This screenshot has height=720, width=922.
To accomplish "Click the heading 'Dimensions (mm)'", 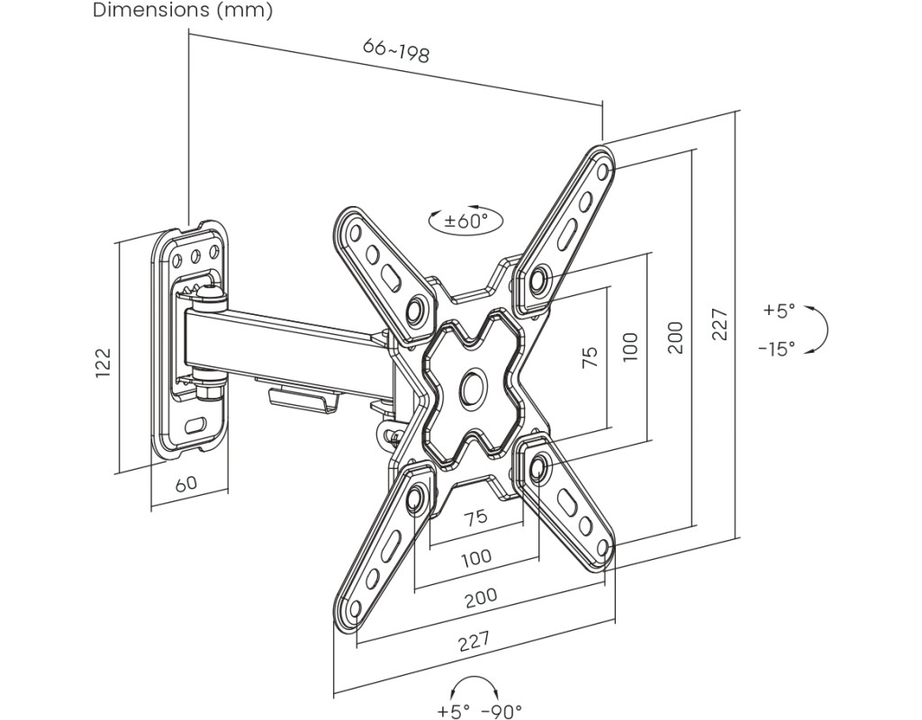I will point(182,11).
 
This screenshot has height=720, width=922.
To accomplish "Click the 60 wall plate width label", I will point(185,483).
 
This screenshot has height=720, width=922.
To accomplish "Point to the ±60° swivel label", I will point(466,220).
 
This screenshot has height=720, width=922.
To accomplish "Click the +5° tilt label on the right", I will point(779,310).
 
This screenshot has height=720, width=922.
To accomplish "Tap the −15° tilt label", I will point(776,348).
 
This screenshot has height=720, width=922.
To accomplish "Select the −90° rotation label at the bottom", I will point(502,711).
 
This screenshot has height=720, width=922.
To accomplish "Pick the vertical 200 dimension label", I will point(676,337).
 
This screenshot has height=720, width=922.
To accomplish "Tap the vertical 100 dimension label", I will point(629,346).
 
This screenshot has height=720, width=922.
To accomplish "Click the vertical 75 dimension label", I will point(591,357).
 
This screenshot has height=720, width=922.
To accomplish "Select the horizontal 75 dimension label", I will point(475,517).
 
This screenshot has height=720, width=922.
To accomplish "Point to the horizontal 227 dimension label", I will point(474,641).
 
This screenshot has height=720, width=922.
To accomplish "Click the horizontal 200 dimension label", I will point(481,598).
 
